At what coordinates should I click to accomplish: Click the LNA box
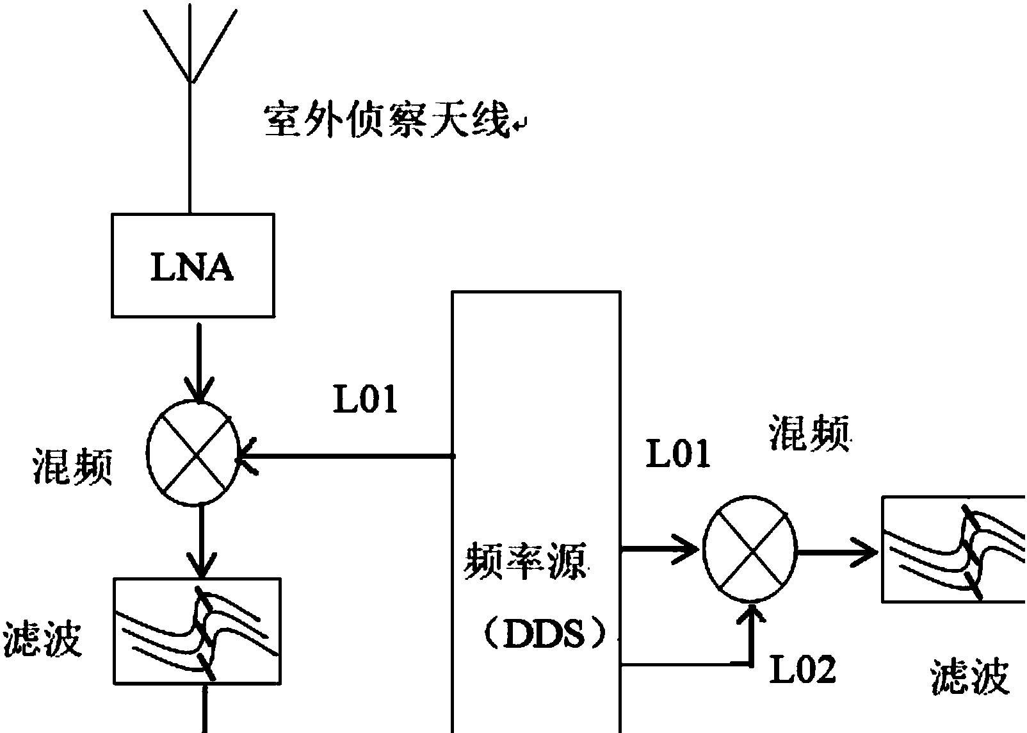(x=193, y=266)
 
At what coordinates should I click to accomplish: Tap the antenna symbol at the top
(x=190, y=45)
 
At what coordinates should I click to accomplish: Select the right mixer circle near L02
(x=750, y=548)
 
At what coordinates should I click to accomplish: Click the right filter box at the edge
(x=953, y=549)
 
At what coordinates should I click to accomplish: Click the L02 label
(x=802, y=670)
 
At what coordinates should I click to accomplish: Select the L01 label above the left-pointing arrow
(x=365, y=400)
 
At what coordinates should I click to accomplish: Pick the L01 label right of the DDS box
(x=678, y=454)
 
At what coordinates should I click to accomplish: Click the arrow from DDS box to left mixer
(x=346, y=457)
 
